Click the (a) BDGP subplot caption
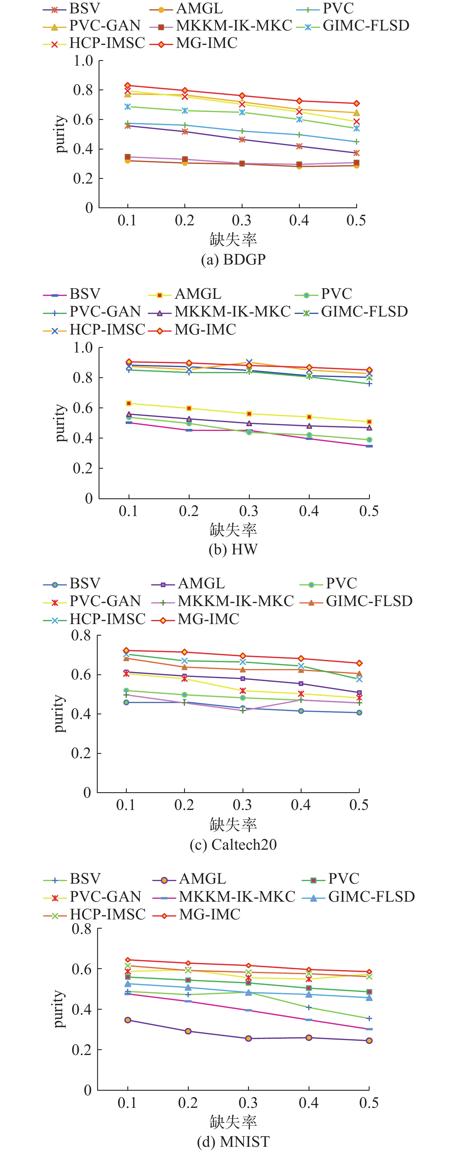(233, 259)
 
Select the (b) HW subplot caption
(233, 549)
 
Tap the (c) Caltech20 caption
(233, 844)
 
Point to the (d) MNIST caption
(233, 1141)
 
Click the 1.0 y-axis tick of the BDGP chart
(83, 60)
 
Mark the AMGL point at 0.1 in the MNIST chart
(128, 1020)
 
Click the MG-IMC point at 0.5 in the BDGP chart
(357, 103)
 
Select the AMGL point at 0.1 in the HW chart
(129, 403)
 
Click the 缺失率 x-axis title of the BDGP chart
(233, 240)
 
